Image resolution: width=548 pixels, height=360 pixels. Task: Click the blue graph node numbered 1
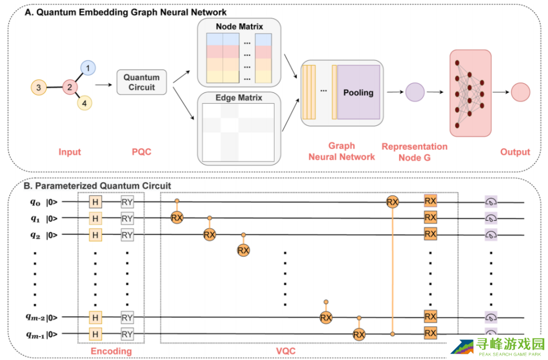[x=88, y=68]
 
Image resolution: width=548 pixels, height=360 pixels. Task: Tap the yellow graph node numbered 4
[x=85, y=103]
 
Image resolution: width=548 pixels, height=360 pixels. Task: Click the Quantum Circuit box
[x=142, y=82]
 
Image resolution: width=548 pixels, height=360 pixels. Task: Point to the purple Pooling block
[x=358, y=92]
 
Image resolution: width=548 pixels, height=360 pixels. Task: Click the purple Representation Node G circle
[x=415, y=92]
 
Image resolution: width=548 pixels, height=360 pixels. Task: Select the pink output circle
[x=520, y=92]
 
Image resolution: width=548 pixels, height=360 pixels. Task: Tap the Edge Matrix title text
[x=238, y=97]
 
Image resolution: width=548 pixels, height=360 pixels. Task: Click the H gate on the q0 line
[x=95, y=202]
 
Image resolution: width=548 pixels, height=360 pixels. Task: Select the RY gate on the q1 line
[x=127, y=218]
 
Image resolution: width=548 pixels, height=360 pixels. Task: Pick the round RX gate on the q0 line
[x=392, y=202]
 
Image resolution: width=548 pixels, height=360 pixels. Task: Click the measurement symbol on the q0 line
[x=491, y=202]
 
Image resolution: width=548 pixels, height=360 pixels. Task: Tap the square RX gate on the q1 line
[x=430, y=218]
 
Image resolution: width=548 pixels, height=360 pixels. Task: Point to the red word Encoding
[x=111, y=351]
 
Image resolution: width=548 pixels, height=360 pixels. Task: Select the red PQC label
[x=142, y=151]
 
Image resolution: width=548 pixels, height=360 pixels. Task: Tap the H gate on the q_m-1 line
[x=95, y=334]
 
